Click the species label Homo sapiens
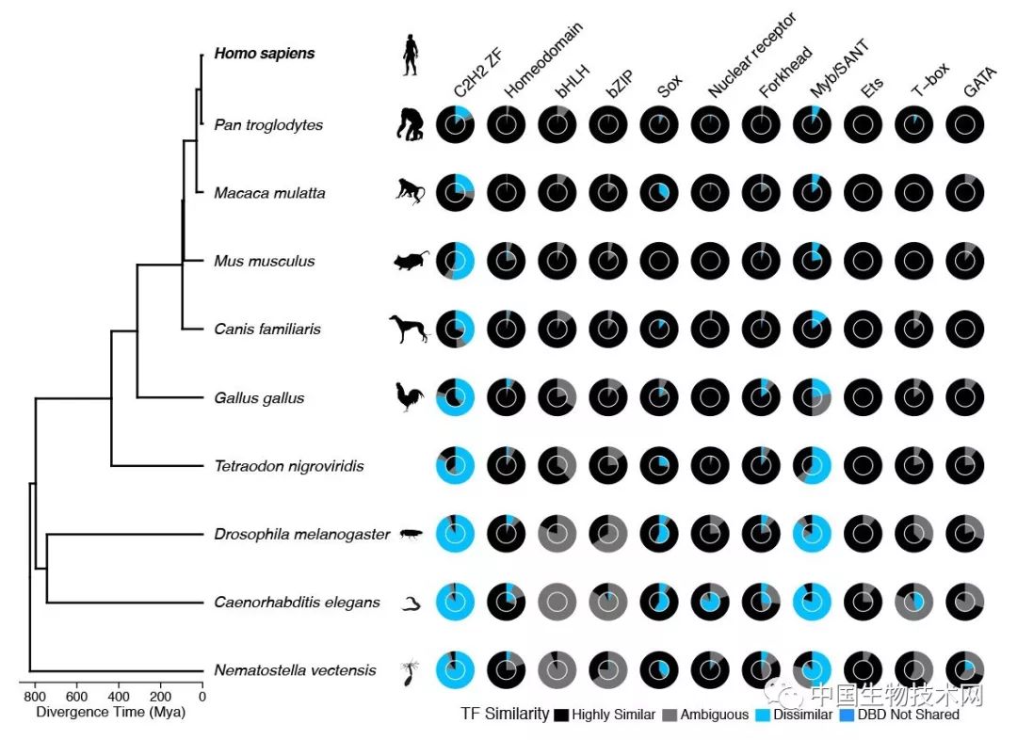tap(250, 54)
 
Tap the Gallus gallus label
tap(259, 398)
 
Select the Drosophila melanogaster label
tap(301, 535)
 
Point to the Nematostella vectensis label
tap(295, 671)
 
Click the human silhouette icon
tap(411, 55)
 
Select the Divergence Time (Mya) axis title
tap(111, 713)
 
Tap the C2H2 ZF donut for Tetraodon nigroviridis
tap(455, 466)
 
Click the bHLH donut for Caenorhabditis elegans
tap(557, 603)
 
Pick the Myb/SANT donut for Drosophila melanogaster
tap(811, 535)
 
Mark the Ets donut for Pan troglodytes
tap(862, 125)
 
